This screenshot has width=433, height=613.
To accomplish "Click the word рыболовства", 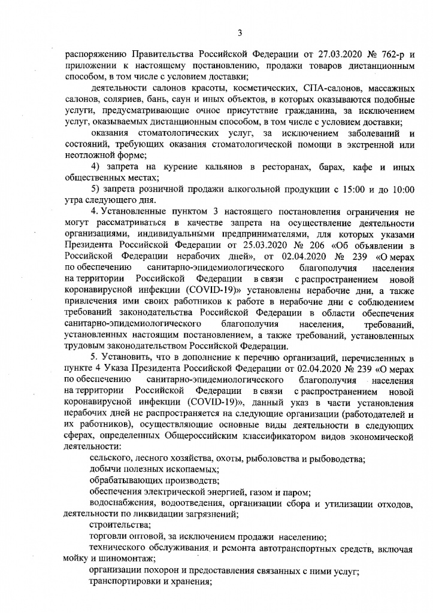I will pyautogui.click(x=252, y=459).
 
